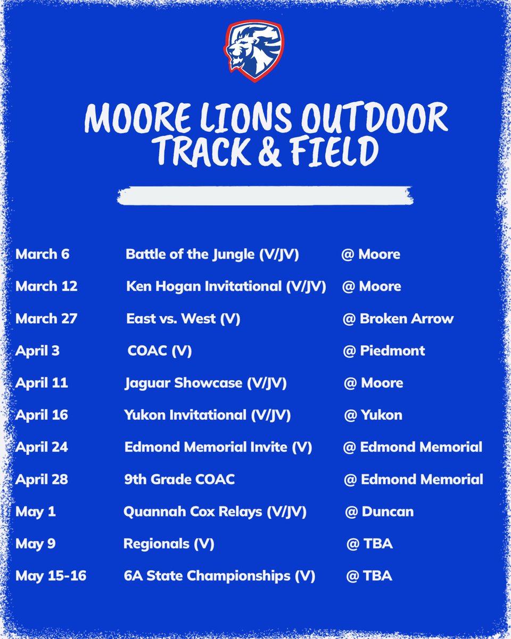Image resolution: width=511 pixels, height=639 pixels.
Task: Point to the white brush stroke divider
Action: point(265,195)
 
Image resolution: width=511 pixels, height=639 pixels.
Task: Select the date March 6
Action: point(43,254)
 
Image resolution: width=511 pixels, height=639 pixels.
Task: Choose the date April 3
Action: point(37,351)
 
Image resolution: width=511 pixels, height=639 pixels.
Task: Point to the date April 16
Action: point(42,415)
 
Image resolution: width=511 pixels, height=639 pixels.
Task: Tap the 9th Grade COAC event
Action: point(179,479)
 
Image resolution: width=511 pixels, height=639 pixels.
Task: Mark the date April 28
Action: point(42,479)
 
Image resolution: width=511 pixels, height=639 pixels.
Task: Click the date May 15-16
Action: point(51,576)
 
